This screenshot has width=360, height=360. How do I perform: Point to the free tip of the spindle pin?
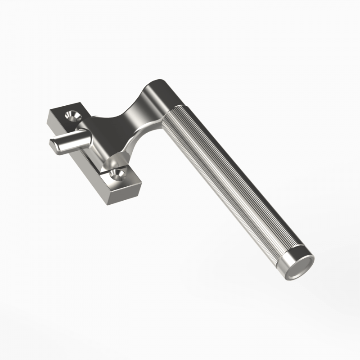(53, 144)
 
